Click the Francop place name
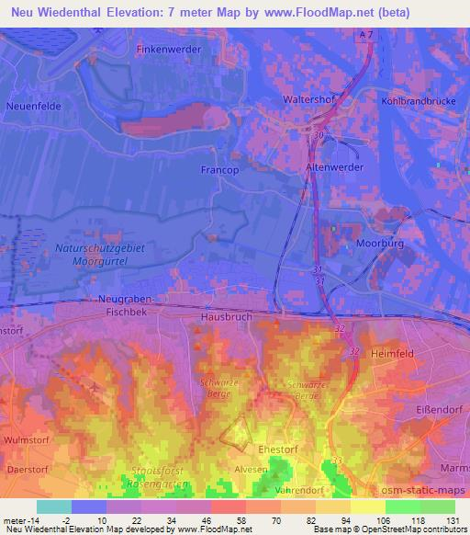(219, 170)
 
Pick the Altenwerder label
(336, 167)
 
